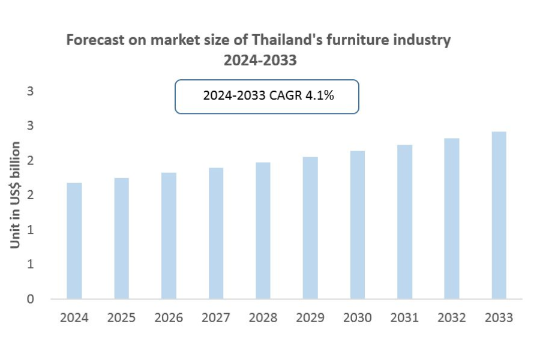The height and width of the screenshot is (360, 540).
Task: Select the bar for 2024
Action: point(74,241)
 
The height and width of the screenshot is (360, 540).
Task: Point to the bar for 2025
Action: point(121,238)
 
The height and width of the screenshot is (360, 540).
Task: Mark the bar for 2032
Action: point(452,218)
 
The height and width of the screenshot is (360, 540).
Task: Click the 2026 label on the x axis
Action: point(169,317)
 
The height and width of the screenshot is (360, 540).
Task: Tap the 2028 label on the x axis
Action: point(263,317)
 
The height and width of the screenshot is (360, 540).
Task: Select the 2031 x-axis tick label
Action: point(404,317)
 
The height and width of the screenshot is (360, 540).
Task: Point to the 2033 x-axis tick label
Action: point(499,317)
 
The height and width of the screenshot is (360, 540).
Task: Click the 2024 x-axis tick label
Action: point(74,317)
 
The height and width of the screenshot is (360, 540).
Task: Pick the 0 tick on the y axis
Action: point(30,299)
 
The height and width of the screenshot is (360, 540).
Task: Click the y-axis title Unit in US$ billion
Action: point(16,195)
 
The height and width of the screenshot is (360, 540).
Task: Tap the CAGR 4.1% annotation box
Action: point(266,96)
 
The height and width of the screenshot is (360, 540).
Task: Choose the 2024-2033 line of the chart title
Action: point(260,61)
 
